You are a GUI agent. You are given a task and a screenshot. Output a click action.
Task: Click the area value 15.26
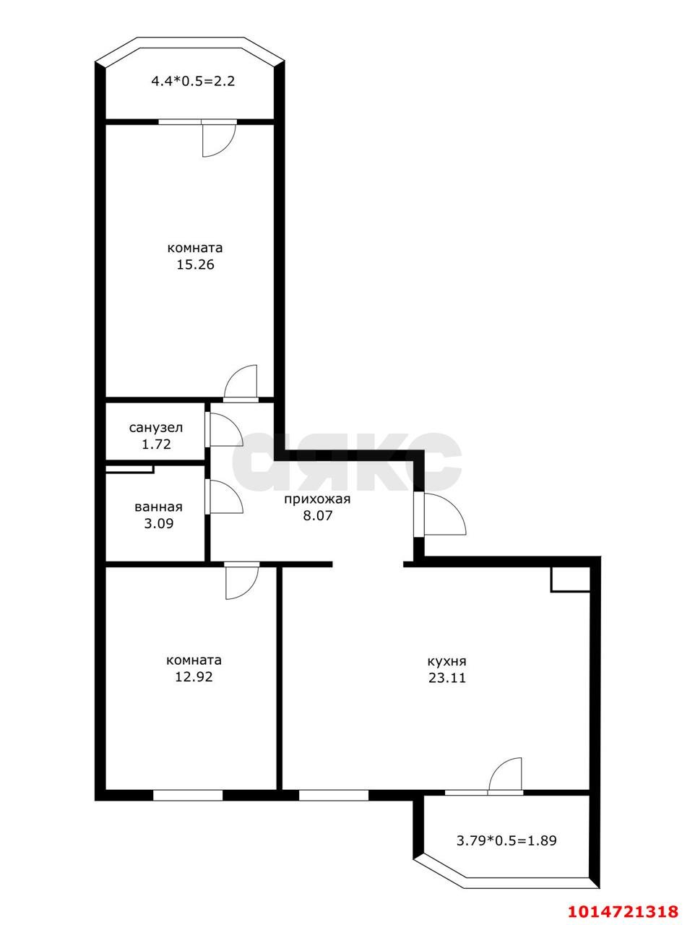pyautogui.click(x=195, y=264)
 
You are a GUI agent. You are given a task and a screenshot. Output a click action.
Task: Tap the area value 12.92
pyautogui.click(x=194, y=677)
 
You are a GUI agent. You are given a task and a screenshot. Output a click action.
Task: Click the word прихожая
pyautogui.click(x=317, y=499)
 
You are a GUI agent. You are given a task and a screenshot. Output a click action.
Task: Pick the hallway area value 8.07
pyautogui.click(x=318, y=515)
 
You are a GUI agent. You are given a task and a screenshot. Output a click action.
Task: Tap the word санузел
pyautogui.click(x=156, y=428)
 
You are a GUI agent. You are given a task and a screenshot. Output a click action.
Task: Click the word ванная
pyautogui.click(x=158, y=507)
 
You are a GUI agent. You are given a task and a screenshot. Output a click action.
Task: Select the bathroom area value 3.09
pyautogui.click(x=159, y=523)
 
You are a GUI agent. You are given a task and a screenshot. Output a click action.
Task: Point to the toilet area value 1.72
pyautogui.click(x=156, y=444)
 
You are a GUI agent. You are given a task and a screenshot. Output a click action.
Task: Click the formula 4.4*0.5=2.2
pyautogui.click(x=193, y=81)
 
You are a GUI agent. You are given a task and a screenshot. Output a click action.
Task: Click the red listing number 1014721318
pyautogui.click(x=623, y=908)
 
